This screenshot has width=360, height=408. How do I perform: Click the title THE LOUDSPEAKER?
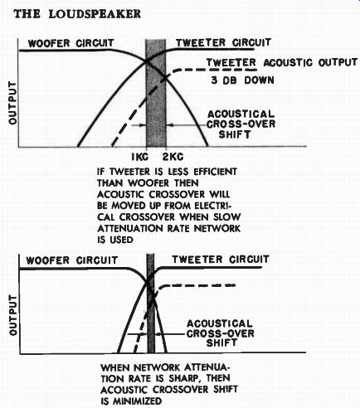77,14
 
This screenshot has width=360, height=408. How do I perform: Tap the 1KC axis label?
140,157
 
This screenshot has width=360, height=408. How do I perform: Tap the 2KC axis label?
173,157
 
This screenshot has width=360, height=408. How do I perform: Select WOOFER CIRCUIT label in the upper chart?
71,43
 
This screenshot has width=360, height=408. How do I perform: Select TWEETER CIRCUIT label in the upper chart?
223,42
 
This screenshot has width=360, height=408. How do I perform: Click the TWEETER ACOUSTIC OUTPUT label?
282,62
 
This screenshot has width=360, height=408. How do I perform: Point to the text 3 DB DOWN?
243,80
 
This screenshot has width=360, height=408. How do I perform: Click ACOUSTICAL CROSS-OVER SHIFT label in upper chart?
241,124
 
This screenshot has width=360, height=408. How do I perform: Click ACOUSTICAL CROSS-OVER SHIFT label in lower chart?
220,333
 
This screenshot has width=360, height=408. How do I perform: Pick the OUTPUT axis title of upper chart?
12,103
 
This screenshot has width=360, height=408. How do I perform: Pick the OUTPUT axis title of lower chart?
13,315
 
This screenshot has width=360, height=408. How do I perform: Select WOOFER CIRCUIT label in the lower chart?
72,260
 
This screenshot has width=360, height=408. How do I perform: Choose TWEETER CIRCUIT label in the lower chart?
221,260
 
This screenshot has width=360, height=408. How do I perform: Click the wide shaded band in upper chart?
156,93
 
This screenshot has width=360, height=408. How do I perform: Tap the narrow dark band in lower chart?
151,304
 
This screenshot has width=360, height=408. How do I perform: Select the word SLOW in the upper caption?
226,216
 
